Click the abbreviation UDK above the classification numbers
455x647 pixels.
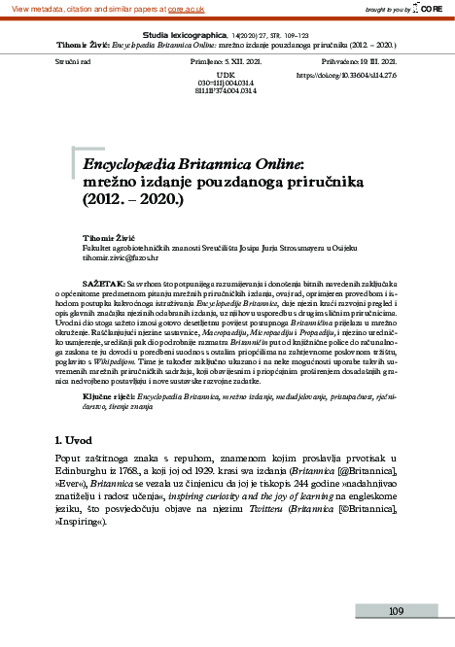click(227, 74)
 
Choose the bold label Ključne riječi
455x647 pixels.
click(109, 397)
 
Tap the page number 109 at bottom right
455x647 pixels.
click(396, 611)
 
